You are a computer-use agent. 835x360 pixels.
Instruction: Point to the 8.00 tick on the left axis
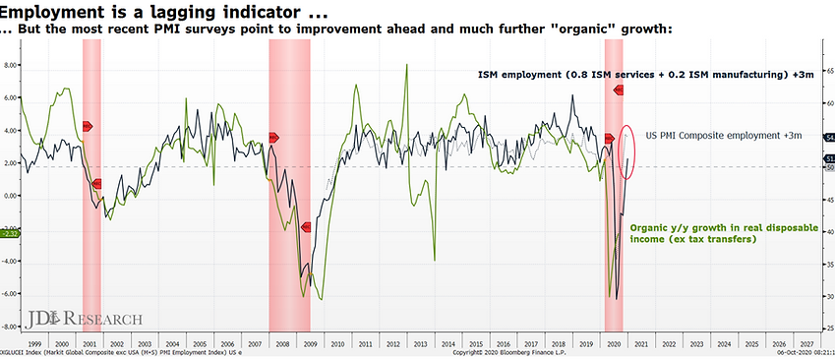click(13, 66)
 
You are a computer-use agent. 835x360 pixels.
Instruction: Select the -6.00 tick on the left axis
click(13, 294)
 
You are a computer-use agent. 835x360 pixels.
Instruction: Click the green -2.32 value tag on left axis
click(11, 233)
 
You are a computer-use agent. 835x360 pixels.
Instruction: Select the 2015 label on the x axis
click(476, 344)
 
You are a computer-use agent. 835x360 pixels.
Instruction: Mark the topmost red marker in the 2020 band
click(620, 90)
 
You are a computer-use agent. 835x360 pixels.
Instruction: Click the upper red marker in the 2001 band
click(88, 126)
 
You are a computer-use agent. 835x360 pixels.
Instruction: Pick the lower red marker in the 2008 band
click(306, 227)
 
